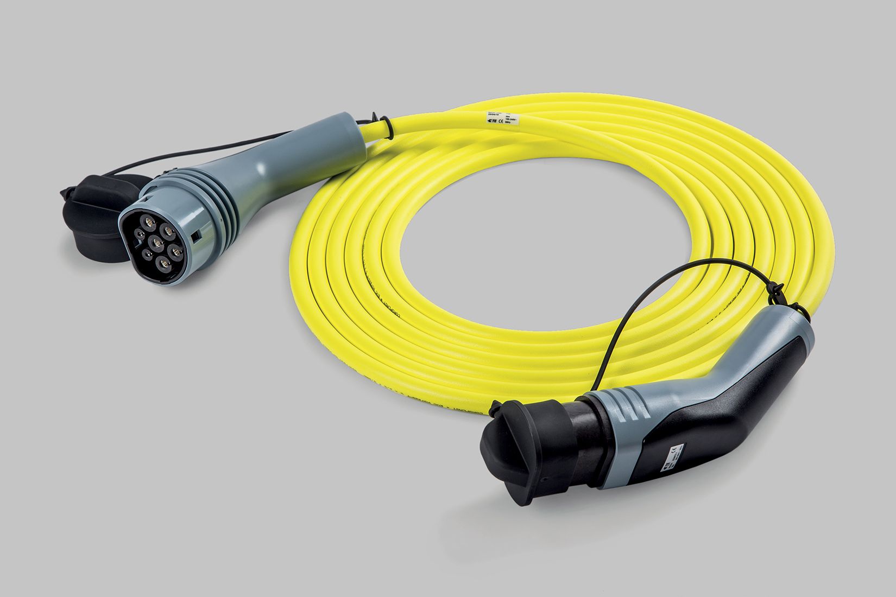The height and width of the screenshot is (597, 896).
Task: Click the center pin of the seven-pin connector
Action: tap(155, 242)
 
